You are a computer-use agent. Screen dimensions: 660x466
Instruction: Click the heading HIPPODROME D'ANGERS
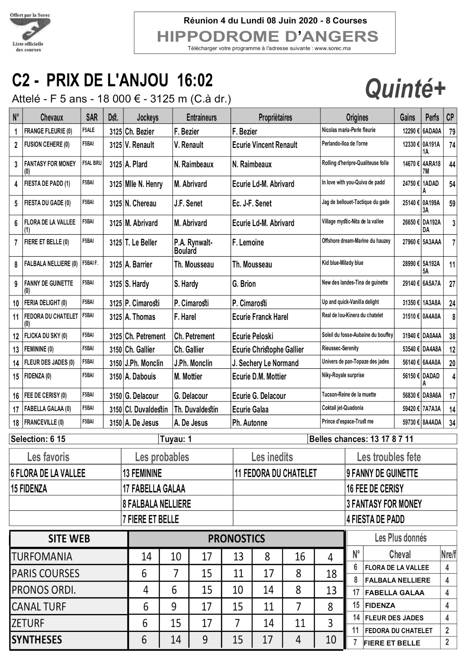click(267, 36)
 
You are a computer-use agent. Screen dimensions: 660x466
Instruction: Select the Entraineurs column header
click(201, 117)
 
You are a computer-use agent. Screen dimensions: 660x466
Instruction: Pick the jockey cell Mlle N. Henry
click(144, 184)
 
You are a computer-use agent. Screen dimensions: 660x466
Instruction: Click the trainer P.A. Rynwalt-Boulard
click(193, 246)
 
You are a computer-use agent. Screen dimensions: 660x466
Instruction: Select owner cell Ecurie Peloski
click(252, 336)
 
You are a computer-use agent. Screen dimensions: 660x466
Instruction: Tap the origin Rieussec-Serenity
click(340, 348)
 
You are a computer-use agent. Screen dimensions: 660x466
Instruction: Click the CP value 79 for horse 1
click(452, 131)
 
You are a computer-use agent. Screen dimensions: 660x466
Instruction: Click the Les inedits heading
click(272, 457)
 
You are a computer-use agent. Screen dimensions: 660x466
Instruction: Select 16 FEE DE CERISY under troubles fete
click(375, 489)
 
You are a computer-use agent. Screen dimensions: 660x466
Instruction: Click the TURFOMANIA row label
click(42, 557)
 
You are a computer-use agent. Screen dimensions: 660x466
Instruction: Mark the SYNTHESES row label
click(37, 639)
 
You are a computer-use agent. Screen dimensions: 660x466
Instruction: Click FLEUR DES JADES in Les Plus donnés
click(394, 618)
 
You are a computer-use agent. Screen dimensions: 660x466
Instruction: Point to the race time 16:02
click(195, 81)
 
